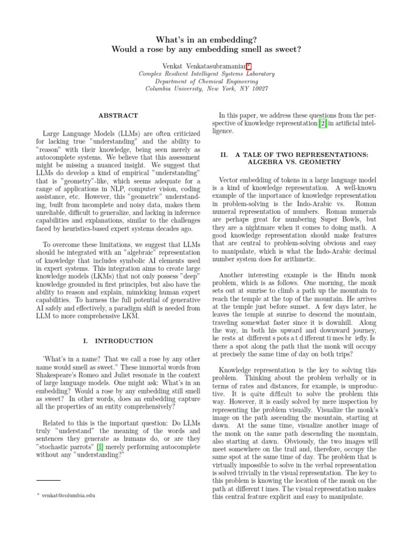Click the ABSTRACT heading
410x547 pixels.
point(119,115)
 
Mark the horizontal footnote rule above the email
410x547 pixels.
point(49,480)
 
